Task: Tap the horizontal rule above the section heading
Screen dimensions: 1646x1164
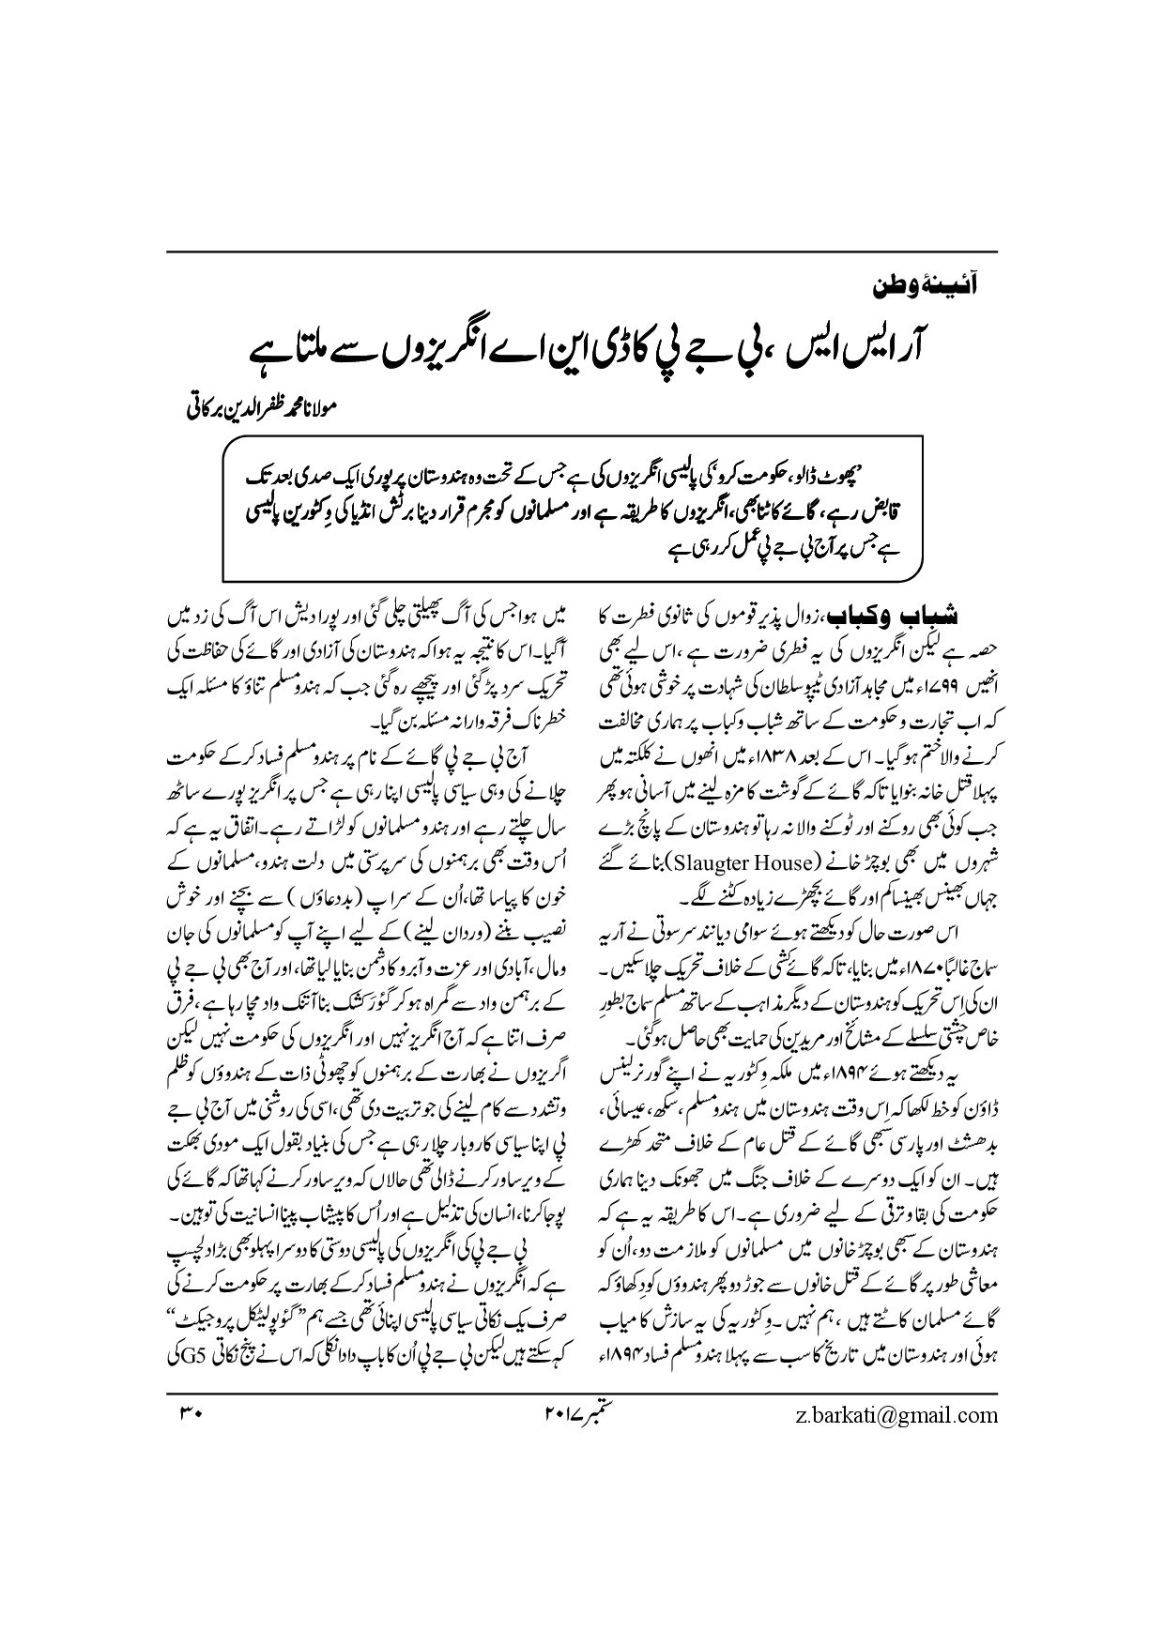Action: (x=582, y=252)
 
